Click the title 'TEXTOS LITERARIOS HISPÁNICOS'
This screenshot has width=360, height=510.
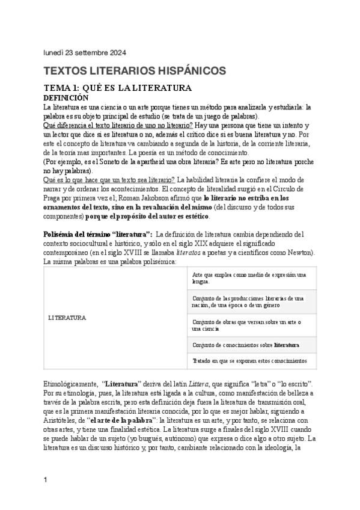pos(135,71)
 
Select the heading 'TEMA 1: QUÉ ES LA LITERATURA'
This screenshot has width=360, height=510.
pos(117,88)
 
